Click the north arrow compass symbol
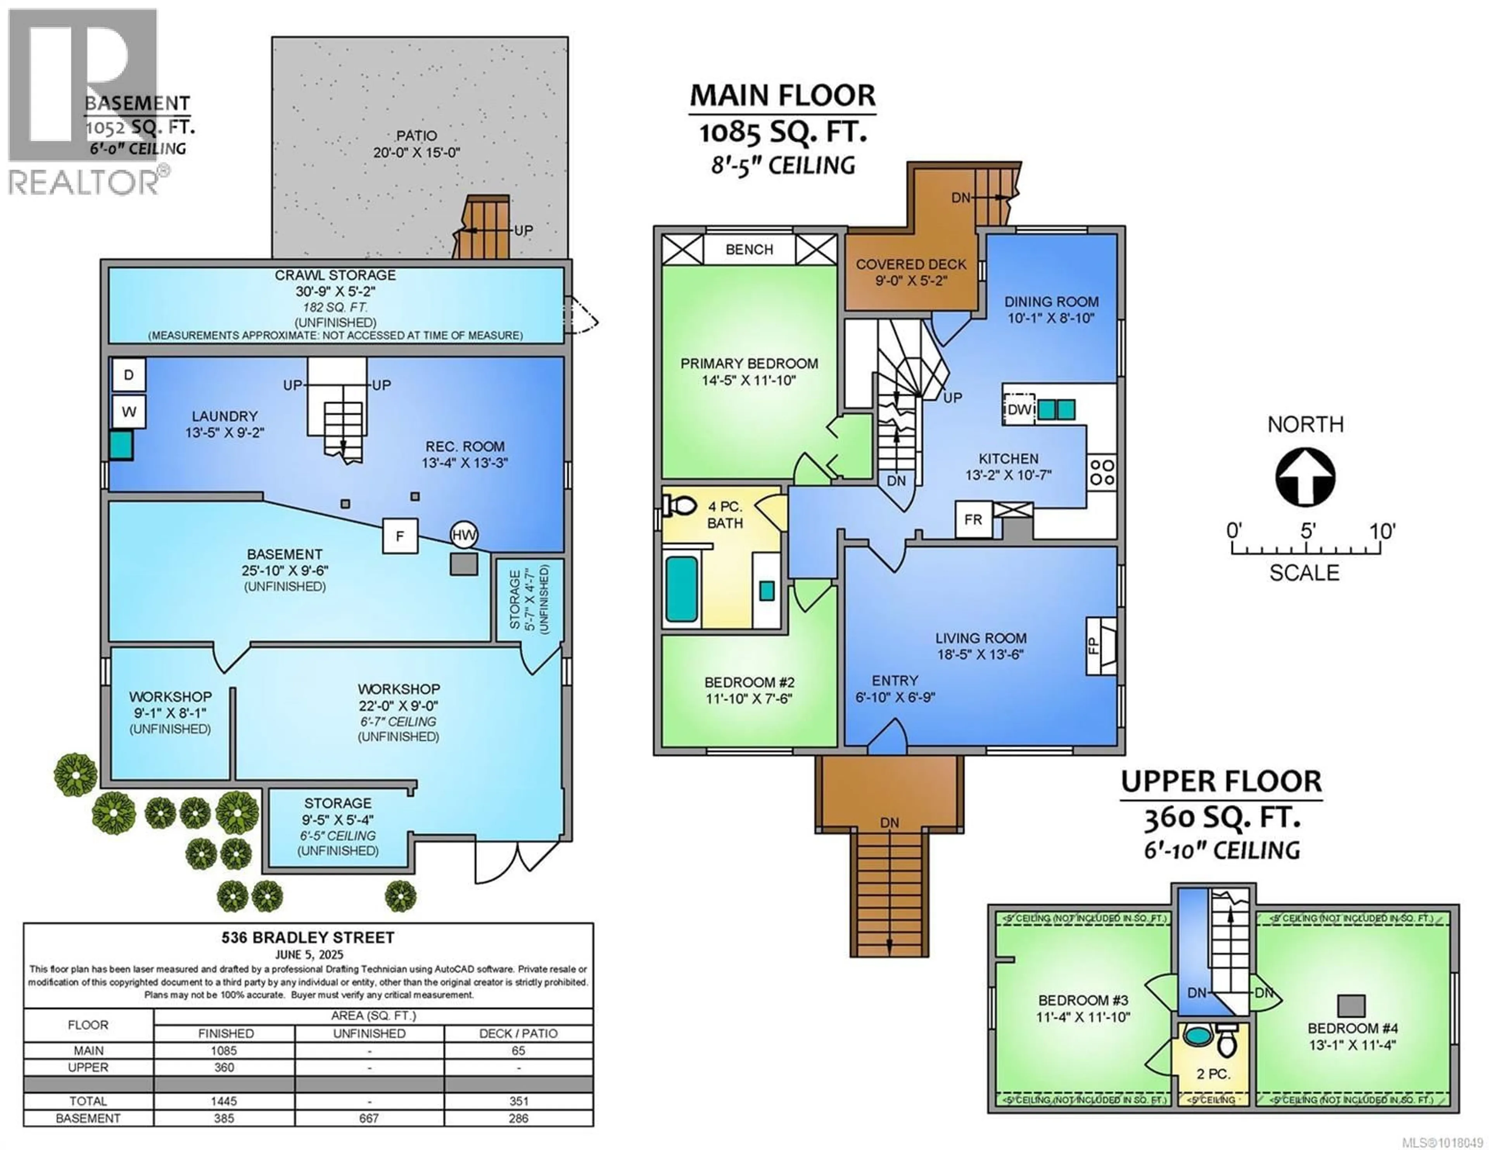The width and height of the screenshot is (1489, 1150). (1305, 476)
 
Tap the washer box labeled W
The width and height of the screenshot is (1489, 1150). (129, 412)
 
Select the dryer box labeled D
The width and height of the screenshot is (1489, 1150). (129, 375)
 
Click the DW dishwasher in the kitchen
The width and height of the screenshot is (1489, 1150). (1019, 409)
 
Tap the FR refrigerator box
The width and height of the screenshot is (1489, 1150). (973, 519)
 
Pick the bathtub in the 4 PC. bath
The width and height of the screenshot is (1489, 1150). (681, 589)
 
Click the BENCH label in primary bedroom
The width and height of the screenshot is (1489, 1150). (749, 250)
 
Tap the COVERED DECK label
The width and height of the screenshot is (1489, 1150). (911, 264)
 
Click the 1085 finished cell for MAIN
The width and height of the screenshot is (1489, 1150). (224, 1050)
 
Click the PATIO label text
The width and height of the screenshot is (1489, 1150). (416, 136)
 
